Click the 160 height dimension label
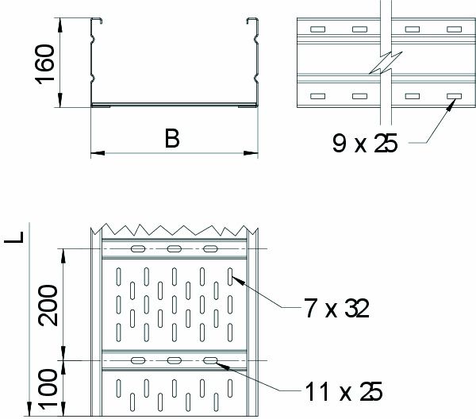coord(45,64)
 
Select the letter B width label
coord(172,139)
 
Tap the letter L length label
coord(14,237)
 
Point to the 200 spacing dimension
coord(48,306)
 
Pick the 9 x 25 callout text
coord(365,144)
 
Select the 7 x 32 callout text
coord(337,309)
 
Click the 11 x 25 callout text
coord(344,392)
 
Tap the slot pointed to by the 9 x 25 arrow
coord(454,96)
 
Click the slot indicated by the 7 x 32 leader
coord(230,277)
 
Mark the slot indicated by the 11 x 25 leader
coord(210,360)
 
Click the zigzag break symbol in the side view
coord(386,63)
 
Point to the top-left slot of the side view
coord(317,29)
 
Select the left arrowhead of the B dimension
coord(98,153)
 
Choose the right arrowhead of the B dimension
coord(251,153)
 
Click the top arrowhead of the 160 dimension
coord(59,25)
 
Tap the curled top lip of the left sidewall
coord(96,21)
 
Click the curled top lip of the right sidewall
coord(252,21)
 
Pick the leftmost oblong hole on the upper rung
coord(138,249)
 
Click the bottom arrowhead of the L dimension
coord(29,409)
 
